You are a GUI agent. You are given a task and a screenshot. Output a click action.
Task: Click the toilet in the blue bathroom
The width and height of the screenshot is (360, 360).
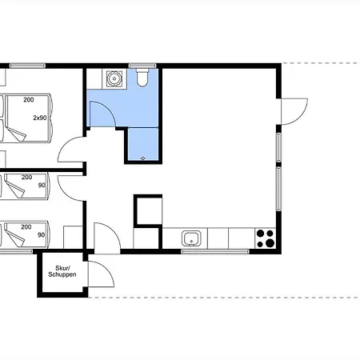tap(142, 78)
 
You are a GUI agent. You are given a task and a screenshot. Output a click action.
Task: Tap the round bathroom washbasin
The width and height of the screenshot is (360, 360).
tap(114, 78)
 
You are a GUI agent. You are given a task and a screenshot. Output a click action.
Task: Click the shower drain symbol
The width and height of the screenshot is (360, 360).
tap(143, 158)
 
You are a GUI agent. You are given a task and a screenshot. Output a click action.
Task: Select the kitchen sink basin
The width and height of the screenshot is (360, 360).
tap(191, 238)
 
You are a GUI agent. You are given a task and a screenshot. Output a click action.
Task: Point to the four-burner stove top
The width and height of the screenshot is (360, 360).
tap(266, 238)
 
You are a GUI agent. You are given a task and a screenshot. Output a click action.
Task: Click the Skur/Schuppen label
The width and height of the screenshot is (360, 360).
tap(62, 271)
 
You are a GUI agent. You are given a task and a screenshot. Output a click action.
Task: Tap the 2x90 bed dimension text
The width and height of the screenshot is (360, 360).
tap(40, 118)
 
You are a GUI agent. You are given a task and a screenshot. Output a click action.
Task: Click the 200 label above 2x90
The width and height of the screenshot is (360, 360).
tap(29, 100)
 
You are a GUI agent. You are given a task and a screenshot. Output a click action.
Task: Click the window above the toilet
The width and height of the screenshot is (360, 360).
tap(142, 66)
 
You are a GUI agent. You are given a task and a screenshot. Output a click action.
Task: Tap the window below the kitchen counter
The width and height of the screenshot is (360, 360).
tap(215, 251)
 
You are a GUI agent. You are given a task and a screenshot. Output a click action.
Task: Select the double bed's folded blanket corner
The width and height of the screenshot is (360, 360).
tap(17, 134)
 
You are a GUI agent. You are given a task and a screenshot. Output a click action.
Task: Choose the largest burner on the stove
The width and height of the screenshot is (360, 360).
tap(270, 242)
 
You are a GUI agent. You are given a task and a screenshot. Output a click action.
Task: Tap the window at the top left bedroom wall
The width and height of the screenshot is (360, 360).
tap(27, 66)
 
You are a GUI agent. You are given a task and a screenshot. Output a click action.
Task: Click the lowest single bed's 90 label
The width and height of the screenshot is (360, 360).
tap(41, 235)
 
